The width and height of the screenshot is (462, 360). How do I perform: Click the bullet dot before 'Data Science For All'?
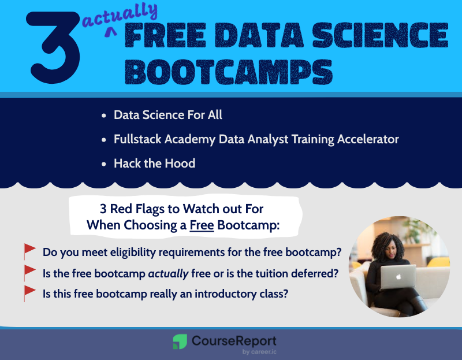(x=103, y=116)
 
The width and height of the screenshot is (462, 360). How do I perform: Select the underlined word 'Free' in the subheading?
(x=202, y=225)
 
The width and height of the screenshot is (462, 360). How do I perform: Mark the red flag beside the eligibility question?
(x=29, y=251)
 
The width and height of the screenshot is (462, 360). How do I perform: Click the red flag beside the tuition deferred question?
(x=29, y=272)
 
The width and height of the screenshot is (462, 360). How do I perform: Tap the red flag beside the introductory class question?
(x=29, y=292)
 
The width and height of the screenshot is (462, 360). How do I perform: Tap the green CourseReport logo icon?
(x=180, y=342)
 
